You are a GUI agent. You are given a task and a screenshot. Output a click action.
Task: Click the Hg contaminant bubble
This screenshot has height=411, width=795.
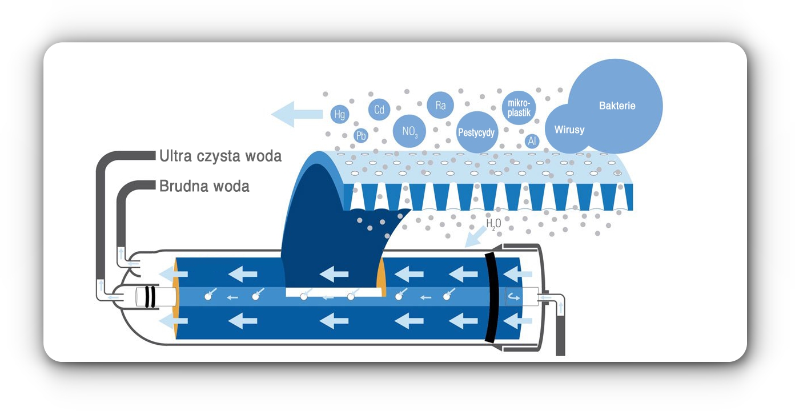[340, 114]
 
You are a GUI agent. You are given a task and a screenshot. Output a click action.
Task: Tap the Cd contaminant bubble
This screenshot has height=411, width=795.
[379, 110]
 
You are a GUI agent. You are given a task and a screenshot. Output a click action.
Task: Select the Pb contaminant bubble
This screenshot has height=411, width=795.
[360, 136]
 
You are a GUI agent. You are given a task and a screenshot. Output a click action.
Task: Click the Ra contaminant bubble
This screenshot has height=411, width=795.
[440, 105]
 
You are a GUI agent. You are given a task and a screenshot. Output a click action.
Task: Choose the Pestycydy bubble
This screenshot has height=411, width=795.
[477, 132]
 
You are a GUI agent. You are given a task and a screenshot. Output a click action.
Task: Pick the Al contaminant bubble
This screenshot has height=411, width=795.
[532, 140]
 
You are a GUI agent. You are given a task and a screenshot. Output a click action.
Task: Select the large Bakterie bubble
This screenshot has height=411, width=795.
[617, 106]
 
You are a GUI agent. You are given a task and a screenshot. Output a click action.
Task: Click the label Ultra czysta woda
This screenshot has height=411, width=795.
[220, 155]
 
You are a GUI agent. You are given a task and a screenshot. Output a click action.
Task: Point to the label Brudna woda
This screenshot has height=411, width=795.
[204, 186]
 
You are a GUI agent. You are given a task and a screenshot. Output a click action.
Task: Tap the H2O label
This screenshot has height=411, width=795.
[492, 223]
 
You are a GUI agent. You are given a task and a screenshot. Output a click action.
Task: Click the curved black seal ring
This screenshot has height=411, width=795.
[492, 297]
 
